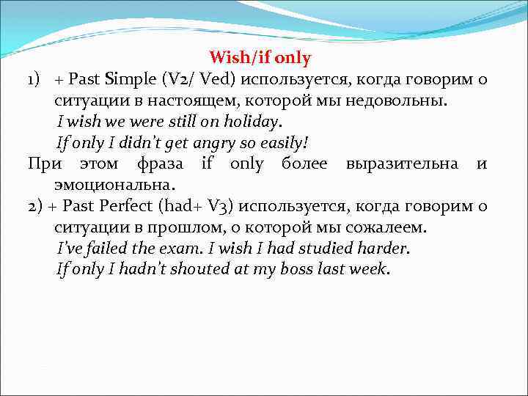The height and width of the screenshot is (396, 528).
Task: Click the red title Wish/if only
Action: coord(260,57)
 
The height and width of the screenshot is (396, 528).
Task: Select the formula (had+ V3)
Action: coord(195,206)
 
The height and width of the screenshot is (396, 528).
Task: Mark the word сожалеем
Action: coord(389,227)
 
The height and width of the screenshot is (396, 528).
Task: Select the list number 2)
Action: coord(36,206)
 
